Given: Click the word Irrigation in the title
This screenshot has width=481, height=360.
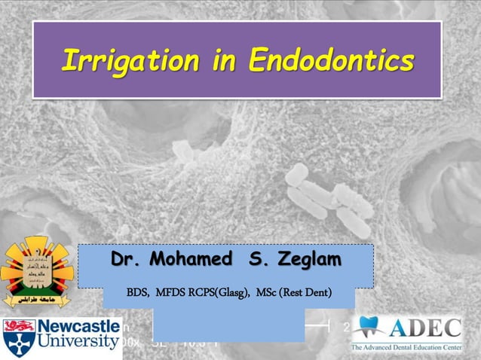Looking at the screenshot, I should [129, 60].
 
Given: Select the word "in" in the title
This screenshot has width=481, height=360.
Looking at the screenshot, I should [222, 60].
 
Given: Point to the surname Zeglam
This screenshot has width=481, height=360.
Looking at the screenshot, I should [308, 260].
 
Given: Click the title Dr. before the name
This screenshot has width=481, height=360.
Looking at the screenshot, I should [127, 260].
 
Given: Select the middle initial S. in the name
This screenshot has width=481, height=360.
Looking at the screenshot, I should [256, 260].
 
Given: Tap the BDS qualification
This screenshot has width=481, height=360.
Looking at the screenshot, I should [137, 291].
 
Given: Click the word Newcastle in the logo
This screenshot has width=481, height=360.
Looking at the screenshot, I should [79, 327].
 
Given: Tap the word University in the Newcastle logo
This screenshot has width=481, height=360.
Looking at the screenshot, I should [79, 343].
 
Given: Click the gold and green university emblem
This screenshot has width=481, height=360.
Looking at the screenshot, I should [35, 271].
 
